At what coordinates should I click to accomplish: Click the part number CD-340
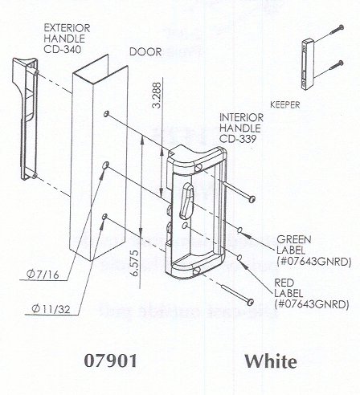click(x=63, y=50)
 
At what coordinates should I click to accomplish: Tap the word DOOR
click(x=145, y=52)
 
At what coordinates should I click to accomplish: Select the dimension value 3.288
click(x=157, y=95)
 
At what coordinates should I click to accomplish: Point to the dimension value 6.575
click(x=135, y=263)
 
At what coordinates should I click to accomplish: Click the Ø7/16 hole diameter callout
click(x=43, y=275)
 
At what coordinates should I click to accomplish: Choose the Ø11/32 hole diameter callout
click(x=51, y=309)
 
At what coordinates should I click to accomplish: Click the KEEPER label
click(x=285, y=104)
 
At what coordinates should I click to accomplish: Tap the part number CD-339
click(x=238, y=139)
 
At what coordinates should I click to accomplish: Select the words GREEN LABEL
click(x=294, y=245)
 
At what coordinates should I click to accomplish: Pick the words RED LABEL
click(x=288, y=288)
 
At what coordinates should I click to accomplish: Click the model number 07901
click(x=111, y=360)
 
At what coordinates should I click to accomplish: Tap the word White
click(x=271, y=361)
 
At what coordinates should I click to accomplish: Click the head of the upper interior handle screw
click(x=252, y=199)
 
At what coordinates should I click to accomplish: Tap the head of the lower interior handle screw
click(x=250, y=302)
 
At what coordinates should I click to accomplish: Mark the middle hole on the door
click(x=105, y=165)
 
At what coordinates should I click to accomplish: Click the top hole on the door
click(x=106, y=114)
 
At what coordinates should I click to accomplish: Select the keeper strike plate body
click(x=308, y=64)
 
